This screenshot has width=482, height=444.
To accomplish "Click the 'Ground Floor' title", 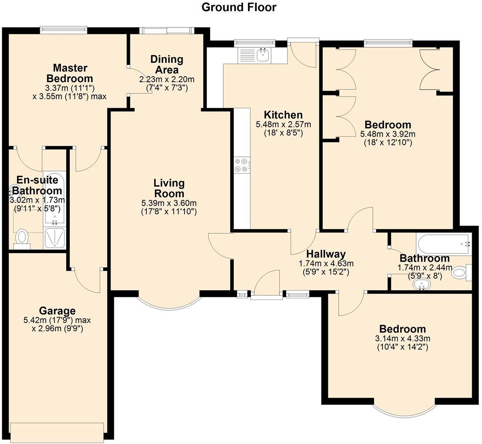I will pyautogui.click(x=239, y=7).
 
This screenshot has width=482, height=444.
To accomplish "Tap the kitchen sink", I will pyautogui.click(x=262, y=55).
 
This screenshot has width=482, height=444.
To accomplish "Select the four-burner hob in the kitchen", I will pyautogui.click(x=241, y=165).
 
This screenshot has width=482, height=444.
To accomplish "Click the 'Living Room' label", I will pyautogui.click(x=169, y=188).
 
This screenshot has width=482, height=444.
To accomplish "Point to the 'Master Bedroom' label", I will pyautogui.click(x=70, y=73).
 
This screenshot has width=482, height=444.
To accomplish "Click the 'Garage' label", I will pyautogui.click(x=57, y=311).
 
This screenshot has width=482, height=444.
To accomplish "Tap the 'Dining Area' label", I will pyautogui.click(x=167, y=64).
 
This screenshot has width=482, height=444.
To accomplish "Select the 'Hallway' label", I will pyautogui.click(x=326, y=254).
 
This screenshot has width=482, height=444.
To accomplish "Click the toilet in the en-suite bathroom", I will pyautogui.click(x=22, y=238).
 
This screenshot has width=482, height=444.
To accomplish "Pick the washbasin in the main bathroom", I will pyautogui.click(x=421, y=285).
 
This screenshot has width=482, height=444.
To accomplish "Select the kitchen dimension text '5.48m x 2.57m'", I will pyautogui.click(x=283, y=125).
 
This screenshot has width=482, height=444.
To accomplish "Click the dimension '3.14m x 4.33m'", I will pyautogui.click(x=402, y=339).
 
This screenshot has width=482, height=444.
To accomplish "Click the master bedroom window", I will pyautogui.click(x=64, y=30).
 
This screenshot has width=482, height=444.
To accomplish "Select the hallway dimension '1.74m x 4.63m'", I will pyautogui.click(x=326, y=263).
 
